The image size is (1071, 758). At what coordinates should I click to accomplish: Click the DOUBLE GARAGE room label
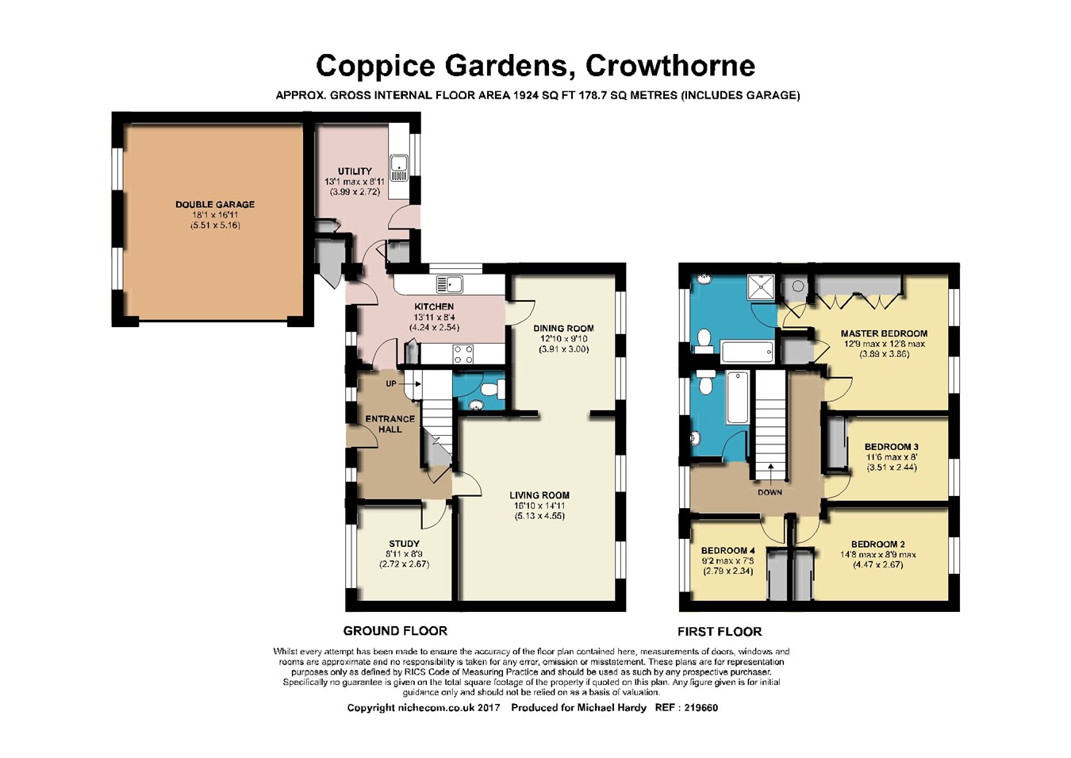[x=215, y=205]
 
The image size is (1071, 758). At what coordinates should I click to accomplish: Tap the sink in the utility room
[x=399, y=168]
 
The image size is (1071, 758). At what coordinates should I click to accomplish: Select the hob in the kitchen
[x=463, y=354]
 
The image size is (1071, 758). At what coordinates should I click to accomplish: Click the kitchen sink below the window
[x=450, y=285]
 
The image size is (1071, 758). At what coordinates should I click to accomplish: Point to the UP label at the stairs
[x=391, y=383]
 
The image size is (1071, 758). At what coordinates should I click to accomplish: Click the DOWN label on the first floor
[x=770, y=492]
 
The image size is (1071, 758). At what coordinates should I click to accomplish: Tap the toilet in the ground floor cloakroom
[x=493, y=389]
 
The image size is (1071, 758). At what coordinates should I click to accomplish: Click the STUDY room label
[x=404, y=544]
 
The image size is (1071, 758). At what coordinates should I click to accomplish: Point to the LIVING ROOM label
[x=539, y=495]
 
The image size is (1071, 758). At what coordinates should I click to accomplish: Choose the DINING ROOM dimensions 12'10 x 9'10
[x=564, y=339]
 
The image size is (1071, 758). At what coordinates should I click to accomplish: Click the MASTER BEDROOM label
[x=884, y=333]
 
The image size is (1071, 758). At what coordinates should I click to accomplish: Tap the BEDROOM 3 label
[x=888, y=447]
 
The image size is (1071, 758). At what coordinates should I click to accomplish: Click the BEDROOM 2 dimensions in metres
[x=878, y=565]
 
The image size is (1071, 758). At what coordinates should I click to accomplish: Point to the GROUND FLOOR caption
[x=395, y=631]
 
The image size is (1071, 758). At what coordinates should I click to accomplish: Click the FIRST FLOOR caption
[x=720, y=631]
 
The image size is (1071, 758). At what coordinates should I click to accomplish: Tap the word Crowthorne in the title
[x=670, y=66]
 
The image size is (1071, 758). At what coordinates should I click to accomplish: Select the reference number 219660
[x=701, y=707]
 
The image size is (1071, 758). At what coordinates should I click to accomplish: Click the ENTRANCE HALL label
[x=390, y=424]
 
